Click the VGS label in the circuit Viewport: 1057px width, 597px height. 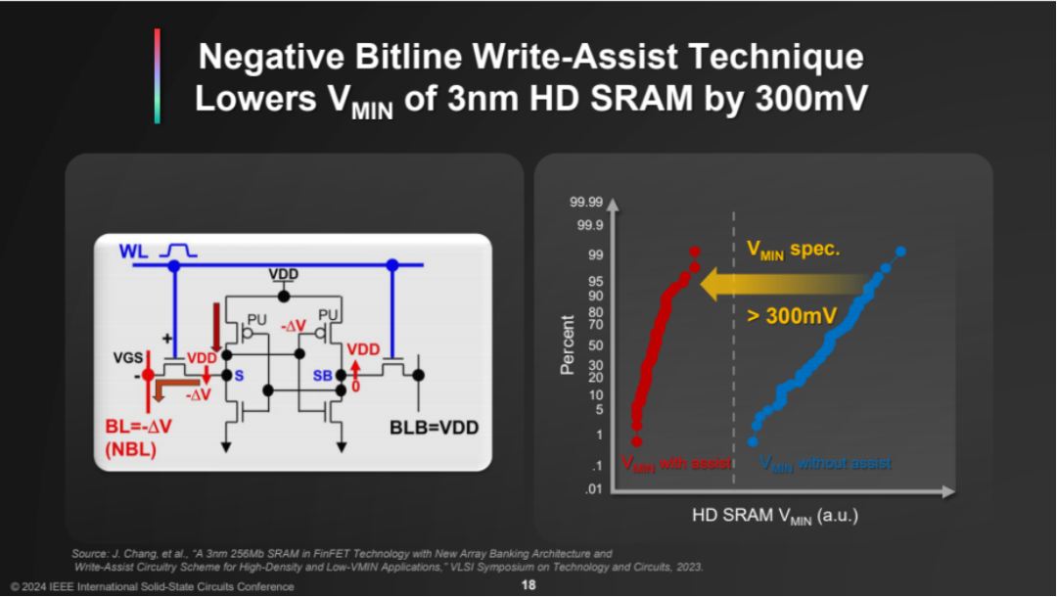[x=127, y=358]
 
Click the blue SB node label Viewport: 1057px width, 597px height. [x=322, y=376]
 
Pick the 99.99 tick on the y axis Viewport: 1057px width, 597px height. [x=586, y=202]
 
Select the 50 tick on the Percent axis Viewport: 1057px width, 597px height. [x=594, y=344]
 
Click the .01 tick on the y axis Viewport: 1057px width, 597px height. [x=592, y=489]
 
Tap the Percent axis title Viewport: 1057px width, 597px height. [x=567, y=344]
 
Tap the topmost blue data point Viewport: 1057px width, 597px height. [x=900, y=252]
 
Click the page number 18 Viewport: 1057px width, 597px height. [x=528, y=585]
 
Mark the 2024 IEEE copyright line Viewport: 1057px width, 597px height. [x=152, y=586]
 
